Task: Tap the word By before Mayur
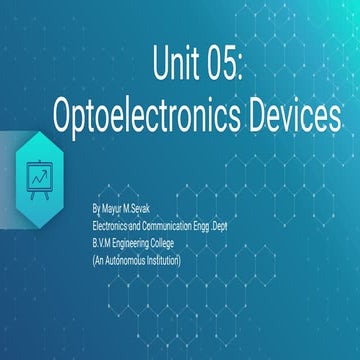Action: pos(95,211)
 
